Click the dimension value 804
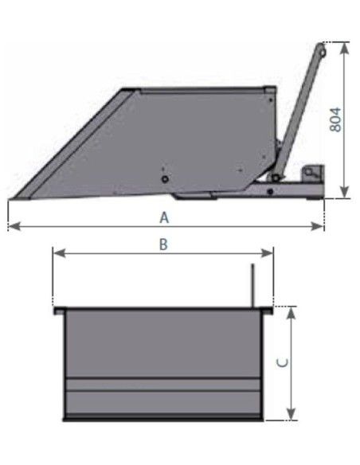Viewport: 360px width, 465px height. (x=335, y=119)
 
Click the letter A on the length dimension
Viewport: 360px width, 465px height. (x=164, y=217)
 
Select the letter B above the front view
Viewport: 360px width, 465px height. (x=163, y=244)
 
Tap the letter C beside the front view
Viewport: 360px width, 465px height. (x=283, y=362)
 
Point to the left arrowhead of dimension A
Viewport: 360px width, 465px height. (x=14, y=227)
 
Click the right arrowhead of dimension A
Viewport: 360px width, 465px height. (x=317, y=227)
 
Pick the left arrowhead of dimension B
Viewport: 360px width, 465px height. (x=59, y=253)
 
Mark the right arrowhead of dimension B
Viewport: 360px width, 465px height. (x=266, y=253)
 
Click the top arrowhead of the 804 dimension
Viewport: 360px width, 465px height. (x=344, y=49)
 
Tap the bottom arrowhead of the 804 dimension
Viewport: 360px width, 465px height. (x=344, y=192)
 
